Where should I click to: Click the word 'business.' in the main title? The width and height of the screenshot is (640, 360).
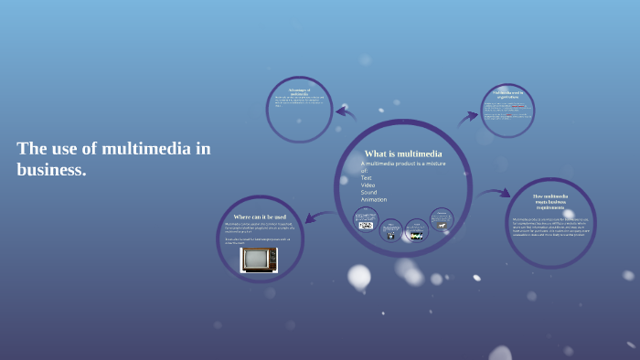click(51, 169)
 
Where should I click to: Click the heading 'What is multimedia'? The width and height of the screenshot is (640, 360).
click(403, 154)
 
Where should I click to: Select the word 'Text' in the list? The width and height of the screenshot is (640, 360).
click(368, 177)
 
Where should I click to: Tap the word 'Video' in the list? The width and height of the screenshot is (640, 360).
click(368, 185)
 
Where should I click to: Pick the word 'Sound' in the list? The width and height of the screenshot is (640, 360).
click(369, 192)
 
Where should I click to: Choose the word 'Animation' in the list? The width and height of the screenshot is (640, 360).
click(374, 199)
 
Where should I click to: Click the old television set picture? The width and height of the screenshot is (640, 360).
click(259, 259)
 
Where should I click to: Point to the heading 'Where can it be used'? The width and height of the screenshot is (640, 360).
click(260, 217)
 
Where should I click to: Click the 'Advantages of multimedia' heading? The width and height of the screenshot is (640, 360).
click(300, 91)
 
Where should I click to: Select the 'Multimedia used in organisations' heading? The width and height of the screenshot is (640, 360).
click(507, 94)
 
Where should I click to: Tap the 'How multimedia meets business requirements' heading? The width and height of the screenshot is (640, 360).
click(549, 202)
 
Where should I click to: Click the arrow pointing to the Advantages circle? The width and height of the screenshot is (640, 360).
click(346, 112)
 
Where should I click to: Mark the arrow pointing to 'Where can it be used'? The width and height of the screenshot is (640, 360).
click(319, 217)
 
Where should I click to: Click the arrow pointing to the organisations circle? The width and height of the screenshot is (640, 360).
click(467, 117)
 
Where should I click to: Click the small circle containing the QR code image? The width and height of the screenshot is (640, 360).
click(366, 220)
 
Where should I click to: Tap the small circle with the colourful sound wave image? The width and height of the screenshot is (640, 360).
click(416, 231)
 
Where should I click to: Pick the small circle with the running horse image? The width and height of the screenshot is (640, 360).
click(442, 220)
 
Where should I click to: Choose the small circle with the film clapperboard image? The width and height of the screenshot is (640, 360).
click(390, 231)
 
